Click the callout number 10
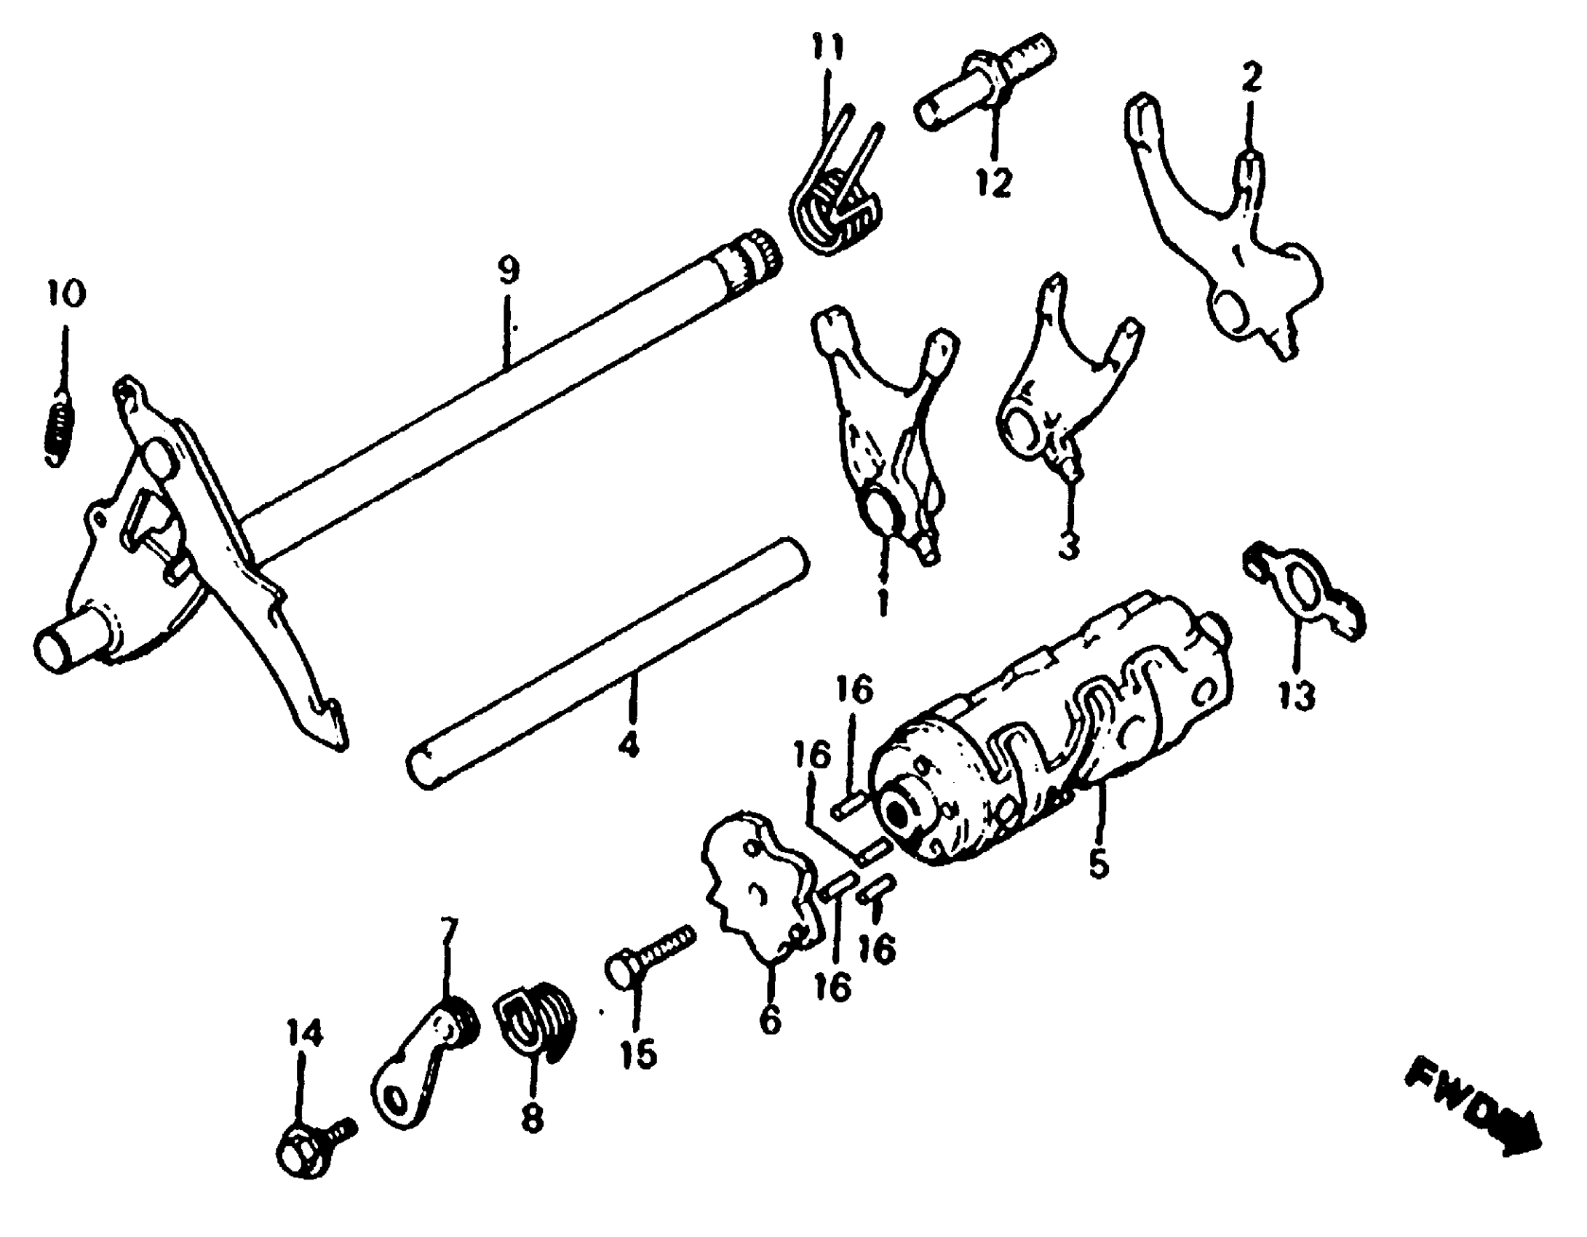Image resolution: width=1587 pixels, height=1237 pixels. [x=67, y=293]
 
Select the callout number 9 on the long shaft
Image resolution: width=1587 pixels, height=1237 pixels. [x=509, y=271]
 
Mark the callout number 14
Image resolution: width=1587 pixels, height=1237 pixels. [x=304, y=1033]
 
